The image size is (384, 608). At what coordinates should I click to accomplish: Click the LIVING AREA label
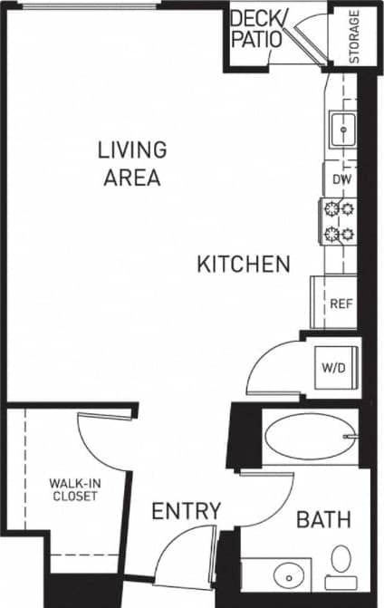[x=131, y=163]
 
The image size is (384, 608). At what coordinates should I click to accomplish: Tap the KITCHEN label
[x=244, y=265]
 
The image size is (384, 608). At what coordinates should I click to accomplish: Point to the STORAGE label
[x=354, y=36]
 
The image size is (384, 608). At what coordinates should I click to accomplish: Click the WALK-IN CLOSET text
[x=74, y=489]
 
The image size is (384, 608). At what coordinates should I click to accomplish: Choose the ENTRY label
[x=186, y=512]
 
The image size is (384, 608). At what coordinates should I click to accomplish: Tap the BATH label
[x=323, y=520]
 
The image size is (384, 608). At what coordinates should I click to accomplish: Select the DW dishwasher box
[x=341, y=179]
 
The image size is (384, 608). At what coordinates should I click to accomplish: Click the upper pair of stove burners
[x=337, y=210]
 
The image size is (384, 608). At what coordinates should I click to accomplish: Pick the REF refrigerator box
[x=340, y=304]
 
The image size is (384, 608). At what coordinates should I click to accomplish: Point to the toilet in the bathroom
[x=341, y=561]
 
